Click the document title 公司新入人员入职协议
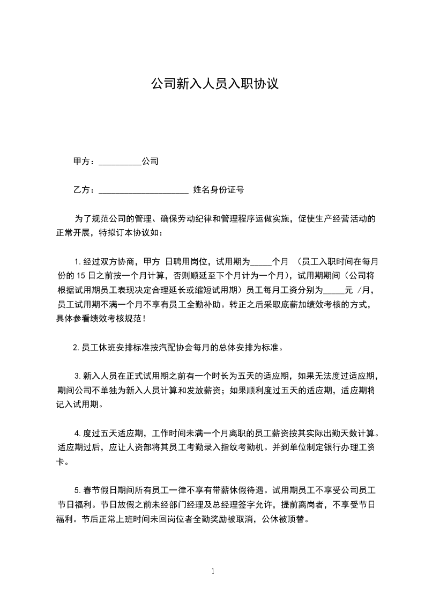tap(214, 84)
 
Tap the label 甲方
tap(81, 161)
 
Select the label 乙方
tap(81, 189)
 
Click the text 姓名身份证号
tap(218, 189)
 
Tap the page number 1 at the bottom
tap(213, 571)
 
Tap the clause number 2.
tap(76, 347)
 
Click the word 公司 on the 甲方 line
tap(150, 161)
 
